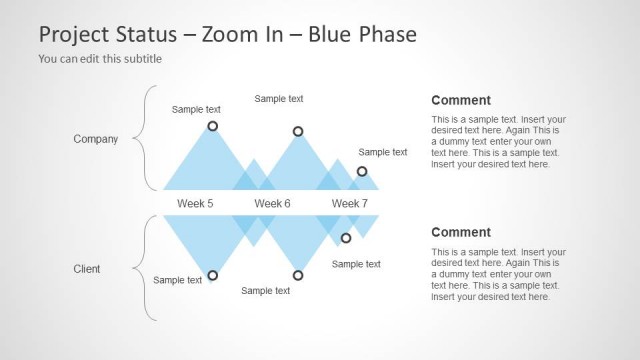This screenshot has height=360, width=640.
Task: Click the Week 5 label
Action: (195, 203)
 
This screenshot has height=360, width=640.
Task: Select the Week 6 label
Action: (272, 203)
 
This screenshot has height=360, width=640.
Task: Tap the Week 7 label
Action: (349, 203)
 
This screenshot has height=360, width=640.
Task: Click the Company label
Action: (96, 139)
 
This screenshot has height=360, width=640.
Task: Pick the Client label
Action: (87, 269)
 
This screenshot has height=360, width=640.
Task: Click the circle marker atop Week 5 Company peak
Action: (212, 126)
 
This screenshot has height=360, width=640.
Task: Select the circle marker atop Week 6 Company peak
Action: (298, 131)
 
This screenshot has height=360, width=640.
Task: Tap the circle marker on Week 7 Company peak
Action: (362, 171)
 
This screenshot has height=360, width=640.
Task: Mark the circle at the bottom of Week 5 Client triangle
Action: (212, 275)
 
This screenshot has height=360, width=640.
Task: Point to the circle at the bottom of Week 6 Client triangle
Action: (298, 275)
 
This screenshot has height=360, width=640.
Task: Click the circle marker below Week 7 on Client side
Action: (346, 238)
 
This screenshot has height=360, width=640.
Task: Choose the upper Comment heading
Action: (461, 100)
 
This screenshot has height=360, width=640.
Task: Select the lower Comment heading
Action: (461, 232)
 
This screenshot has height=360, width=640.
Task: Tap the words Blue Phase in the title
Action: (361, 34)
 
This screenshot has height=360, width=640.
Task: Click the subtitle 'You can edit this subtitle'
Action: (100, 58)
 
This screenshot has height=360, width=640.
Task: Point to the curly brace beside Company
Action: (148, 138)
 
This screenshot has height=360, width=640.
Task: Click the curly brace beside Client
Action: (148, 268)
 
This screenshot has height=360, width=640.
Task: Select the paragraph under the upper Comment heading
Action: (498, 141)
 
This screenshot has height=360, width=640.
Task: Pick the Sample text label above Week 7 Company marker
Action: (383, 152)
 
